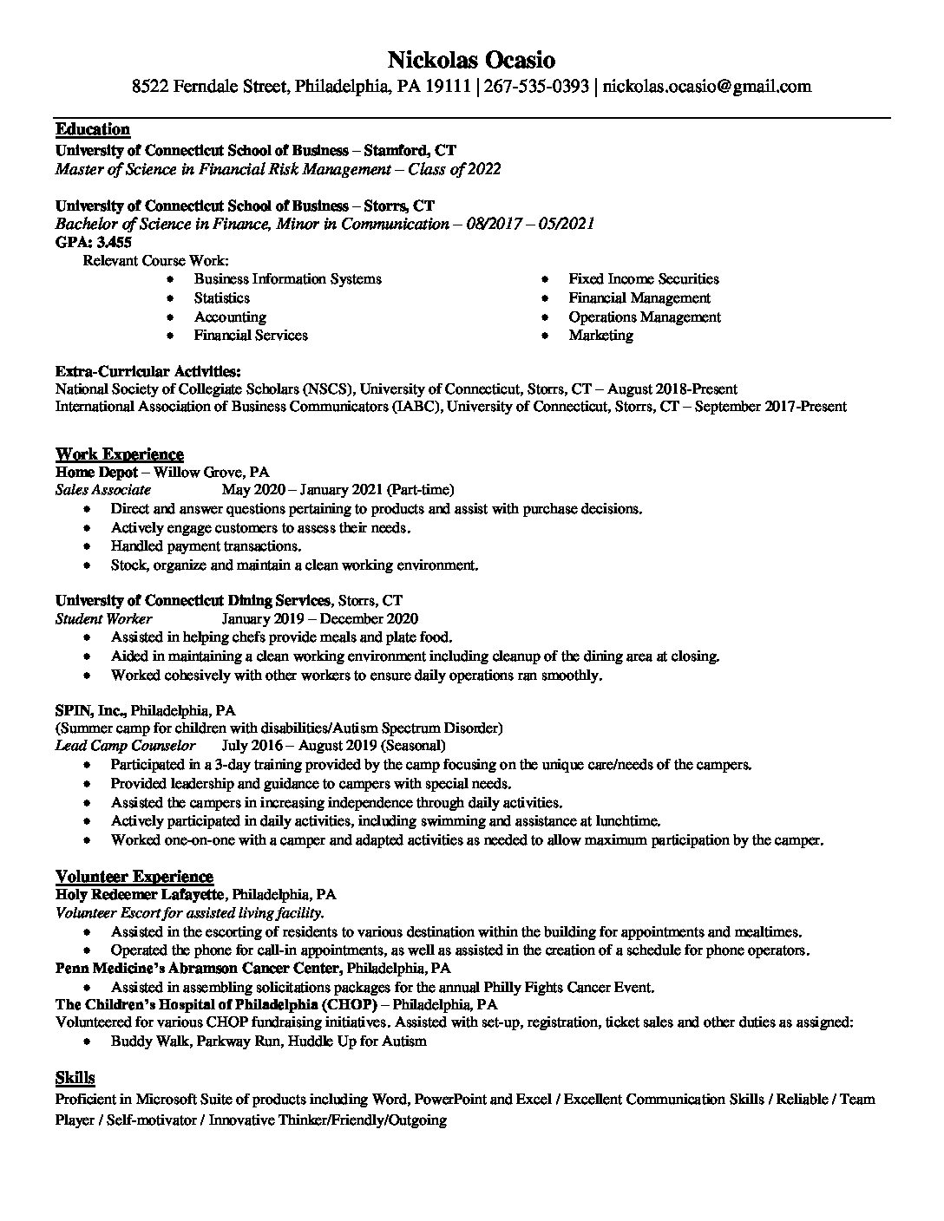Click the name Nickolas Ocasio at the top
click(471, 60)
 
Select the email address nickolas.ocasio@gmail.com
click(707, 86)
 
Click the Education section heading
click(93, 129)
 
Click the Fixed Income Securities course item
click(644, 278)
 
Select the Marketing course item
click(600, 335)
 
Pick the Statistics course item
click(221, 297)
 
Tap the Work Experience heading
click(120, 454)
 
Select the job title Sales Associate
click(102, 490)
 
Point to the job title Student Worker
click(103, 619)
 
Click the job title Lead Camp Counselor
click(125, 746)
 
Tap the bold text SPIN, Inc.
click(89, 709)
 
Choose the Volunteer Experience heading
click(134, 876)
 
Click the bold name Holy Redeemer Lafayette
click(141, 894)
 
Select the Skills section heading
click(75, 1078)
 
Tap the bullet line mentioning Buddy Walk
click(268, 1041)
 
